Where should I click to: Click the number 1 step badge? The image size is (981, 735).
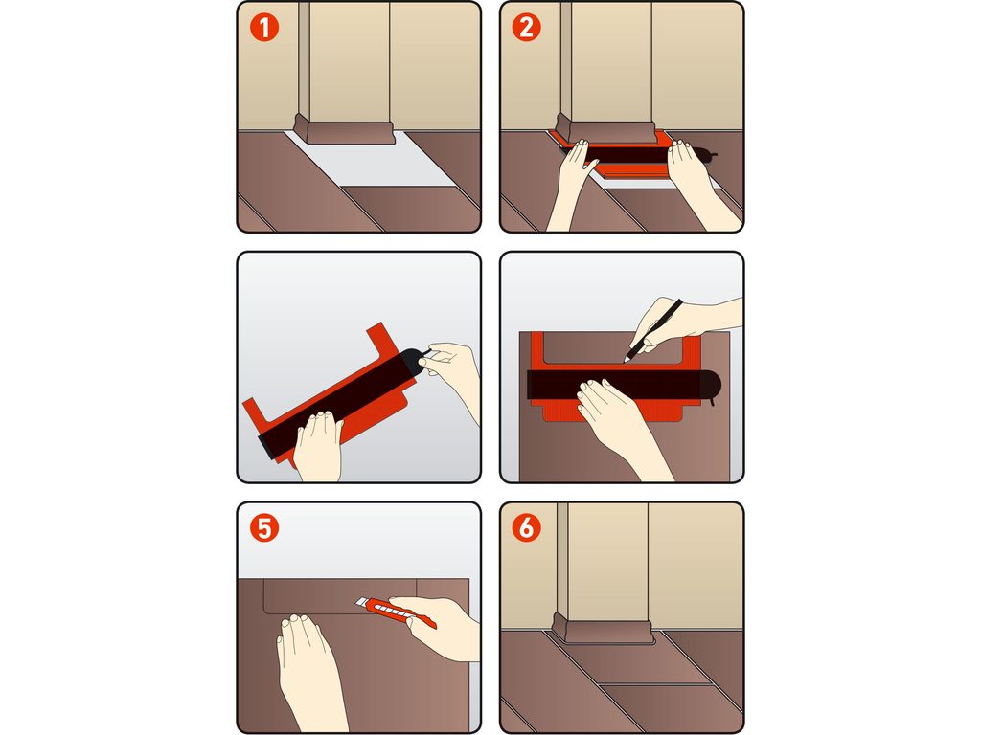click(264, 28)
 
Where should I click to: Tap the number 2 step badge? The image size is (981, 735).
click(526, 28)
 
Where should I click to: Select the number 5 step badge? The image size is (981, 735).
click(264, 528)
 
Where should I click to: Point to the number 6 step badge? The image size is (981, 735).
click(526, 528)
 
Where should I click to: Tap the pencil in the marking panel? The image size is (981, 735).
click(653, 330)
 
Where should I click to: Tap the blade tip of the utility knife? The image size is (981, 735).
click(357, 601)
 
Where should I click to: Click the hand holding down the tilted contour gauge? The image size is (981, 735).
click(318, 445)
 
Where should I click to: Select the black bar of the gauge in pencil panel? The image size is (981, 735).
click(623, 384)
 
